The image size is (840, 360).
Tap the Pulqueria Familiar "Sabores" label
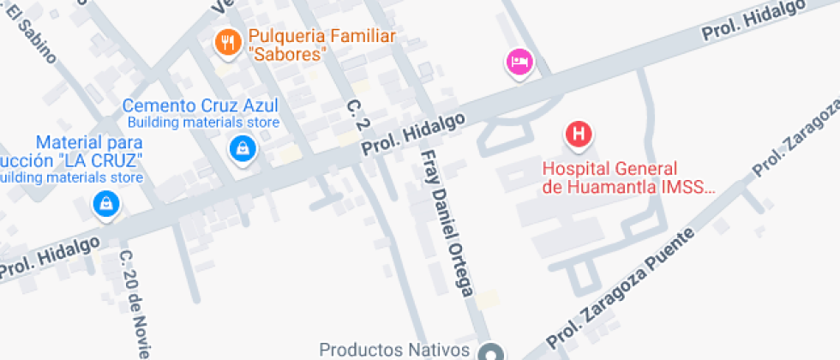pos(321,45)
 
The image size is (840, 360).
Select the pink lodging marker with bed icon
pos(519,62)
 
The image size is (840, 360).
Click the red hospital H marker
pos(579,134)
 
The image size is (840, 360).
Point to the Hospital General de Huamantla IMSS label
pos(627,177)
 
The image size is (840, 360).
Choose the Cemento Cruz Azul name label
pos(201,106)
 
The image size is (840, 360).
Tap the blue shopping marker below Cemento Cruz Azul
pos(243,149)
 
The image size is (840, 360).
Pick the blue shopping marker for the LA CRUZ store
pos(105,204)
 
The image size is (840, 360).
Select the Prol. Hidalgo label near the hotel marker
pos(753,21)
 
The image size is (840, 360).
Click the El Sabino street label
pos(34,35)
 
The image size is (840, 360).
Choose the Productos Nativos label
pos(393,350)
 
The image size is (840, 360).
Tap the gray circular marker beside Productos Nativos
pos(491,352)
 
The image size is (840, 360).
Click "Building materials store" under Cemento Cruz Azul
pos(210,123)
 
